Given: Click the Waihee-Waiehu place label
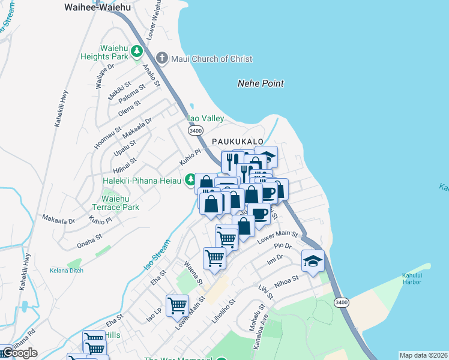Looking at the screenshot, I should click(x=97, y=7).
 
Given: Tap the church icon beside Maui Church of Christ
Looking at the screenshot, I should click(x=161, y=58).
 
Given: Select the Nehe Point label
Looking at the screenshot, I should click(x=260, y=83).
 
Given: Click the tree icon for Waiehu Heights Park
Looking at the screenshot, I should click(x=137, y=52).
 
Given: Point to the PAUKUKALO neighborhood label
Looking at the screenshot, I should click(x=238, y=141).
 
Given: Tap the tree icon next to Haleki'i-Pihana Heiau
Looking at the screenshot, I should click(x=190, y=179).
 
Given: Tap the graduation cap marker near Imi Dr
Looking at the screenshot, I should click(x=313, y=260).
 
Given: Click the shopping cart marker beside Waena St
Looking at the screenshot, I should click(x=214, y=259).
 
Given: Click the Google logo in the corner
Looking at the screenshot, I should click(x=19, y=353).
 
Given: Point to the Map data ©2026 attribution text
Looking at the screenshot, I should click(x=423, y=355).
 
